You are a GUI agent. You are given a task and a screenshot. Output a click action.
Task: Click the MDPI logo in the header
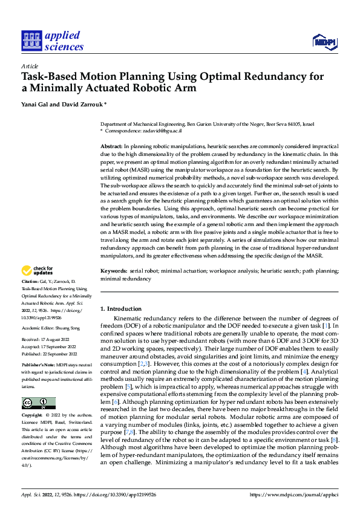pyautogui.click(x=326, y=41)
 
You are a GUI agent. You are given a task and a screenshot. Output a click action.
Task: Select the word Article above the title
pyautogui.click(x=29, y=66)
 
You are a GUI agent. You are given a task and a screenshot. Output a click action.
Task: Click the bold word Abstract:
pyautogui.click(x=111, y=147)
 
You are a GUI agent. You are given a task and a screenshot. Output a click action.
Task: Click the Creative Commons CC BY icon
pyautogui.click(x=38, y=403)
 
